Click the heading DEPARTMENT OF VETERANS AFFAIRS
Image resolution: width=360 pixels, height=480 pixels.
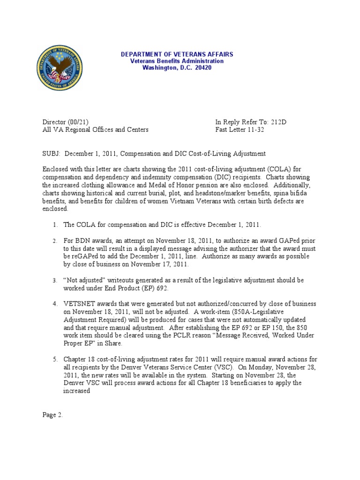[x=177, y=54]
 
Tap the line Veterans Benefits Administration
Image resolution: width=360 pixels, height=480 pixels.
[x=177, y=61]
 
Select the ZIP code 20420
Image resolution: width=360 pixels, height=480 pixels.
[x=203, y=67]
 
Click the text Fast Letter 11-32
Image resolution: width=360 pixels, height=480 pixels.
[x=240, y=129]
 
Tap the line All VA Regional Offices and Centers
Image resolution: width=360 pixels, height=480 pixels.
[x=96, y=129]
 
